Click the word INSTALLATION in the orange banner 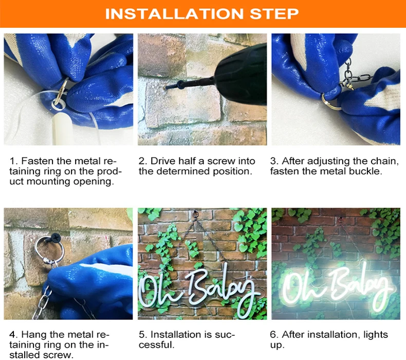click(x=174, y=14)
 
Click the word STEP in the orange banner click(x=274, y=14)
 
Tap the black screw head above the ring click(x=56, y=238)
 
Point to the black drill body click(x=241, y=75)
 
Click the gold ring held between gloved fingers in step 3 click(x=329, y=101)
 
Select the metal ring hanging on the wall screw click(x=49, y=248)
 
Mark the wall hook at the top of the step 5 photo click(x=195, y=214)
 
